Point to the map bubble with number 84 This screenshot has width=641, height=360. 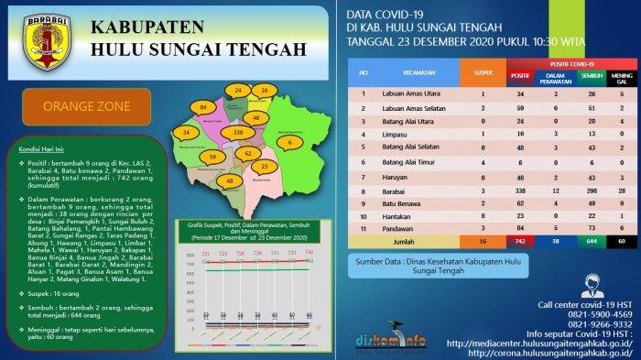202,108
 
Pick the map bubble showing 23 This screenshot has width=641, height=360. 265,167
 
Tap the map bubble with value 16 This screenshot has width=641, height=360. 264,91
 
